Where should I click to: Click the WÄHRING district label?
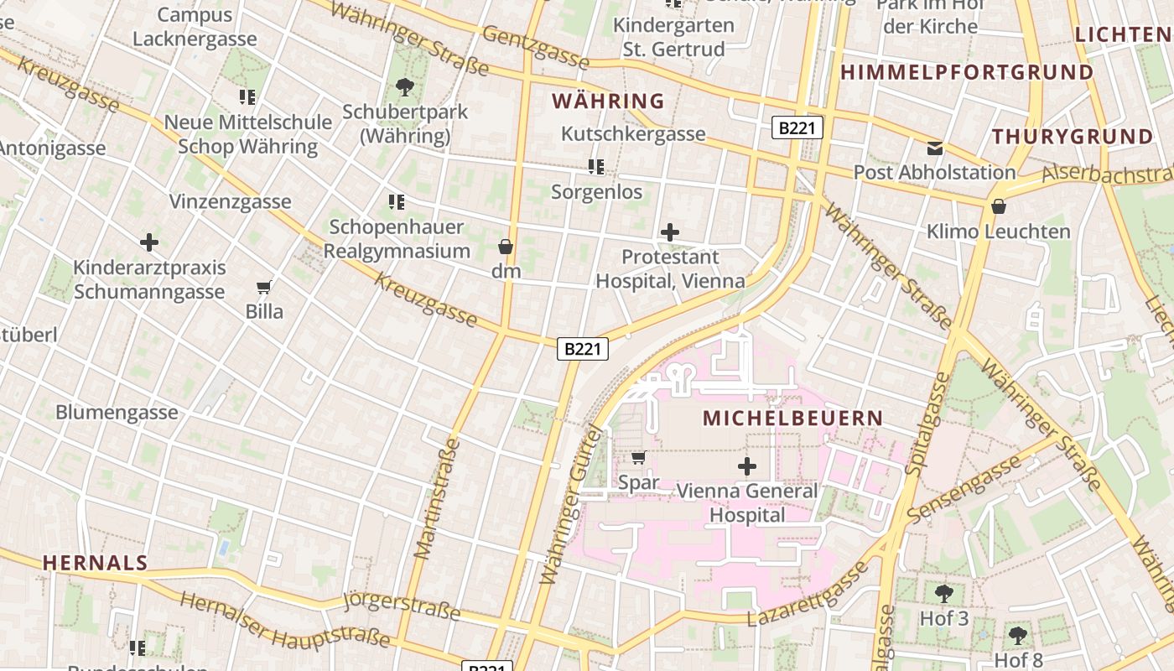point(608,101)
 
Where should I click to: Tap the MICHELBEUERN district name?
point(792,418)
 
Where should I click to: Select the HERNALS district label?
point(96,563)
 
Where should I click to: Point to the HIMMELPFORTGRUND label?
point(967,72)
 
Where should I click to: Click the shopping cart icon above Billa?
point(264,288)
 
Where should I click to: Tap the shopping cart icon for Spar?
point(638,458)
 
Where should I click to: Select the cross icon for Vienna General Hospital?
point(746,466)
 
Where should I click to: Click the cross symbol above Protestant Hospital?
point(670,232)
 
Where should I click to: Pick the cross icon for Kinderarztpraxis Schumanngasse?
point(149,243)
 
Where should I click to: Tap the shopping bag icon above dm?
point(506,247)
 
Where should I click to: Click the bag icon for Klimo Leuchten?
point(999,206)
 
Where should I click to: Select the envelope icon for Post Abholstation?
point(935,149)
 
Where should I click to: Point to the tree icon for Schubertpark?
point(404,86)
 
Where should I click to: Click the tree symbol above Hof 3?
point(943,594)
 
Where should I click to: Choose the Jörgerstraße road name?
point(403,605)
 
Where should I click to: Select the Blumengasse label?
point(117,412)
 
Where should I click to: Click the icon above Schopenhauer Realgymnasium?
point(397,201)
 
